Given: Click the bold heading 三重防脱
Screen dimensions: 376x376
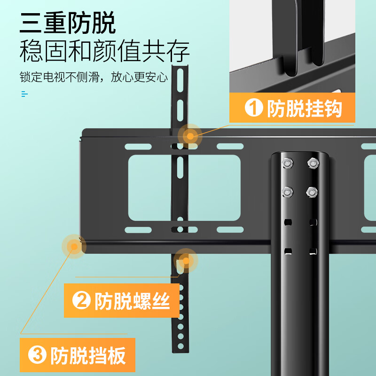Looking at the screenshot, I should point(67,23).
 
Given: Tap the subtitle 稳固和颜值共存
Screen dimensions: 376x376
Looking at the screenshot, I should point(104,52).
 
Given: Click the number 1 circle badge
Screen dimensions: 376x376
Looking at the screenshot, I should point(254,109).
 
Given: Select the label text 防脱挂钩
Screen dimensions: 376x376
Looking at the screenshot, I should point(305,109).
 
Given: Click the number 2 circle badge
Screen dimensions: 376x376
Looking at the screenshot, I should point(81,301).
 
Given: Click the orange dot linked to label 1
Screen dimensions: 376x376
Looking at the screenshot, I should point(190,136).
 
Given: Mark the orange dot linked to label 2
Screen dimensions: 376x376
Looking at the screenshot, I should point(186,260).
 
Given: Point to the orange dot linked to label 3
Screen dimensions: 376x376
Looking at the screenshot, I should point(73,246).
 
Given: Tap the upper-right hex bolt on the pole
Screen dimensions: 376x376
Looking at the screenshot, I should point(312,163).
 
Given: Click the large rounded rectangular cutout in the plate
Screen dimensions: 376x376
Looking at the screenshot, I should point(184,188).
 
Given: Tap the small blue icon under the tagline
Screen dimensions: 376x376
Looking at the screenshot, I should point(24,94).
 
